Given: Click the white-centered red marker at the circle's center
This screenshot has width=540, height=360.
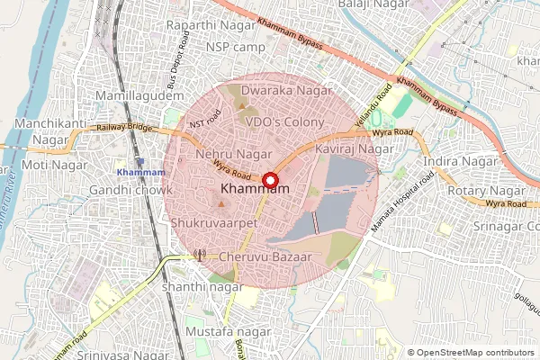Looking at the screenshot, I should [269, 179].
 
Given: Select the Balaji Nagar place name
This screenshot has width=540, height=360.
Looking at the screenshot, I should [370, 5].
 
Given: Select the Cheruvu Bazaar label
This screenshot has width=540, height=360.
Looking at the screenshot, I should [265, 257].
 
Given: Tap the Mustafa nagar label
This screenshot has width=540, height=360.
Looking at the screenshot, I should [228, 333].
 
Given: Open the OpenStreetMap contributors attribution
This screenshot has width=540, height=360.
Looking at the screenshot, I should [474, 353].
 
